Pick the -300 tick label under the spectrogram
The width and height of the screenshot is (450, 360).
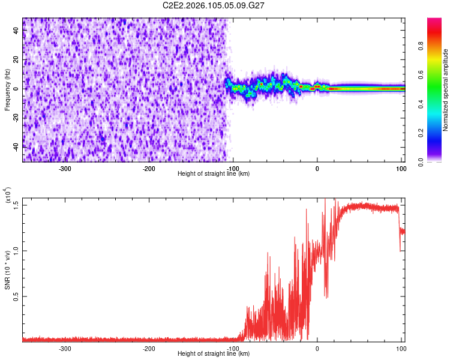pyautogui.click(x=65, y=168)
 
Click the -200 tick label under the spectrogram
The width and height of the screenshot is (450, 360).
pyautogui.click(x=149, y=168)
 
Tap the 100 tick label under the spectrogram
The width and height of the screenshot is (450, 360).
pyautogui.click(x=401, y=168)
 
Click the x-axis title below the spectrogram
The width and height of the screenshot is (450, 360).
pyautogui.click(x=214, y=174)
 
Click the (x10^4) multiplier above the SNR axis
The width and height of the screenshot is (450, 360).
pyautogui.click(x=8, y=195)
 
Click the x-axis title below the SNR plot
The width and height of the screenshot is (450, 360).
pyautogui.click(x=214, y=354)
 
